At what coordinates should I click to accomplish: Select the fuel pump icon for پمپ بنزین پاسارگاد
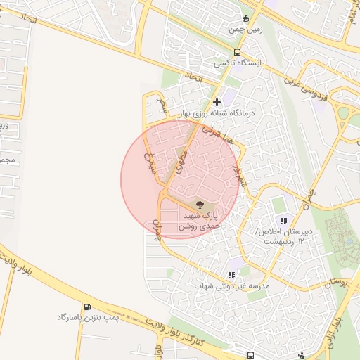(86, 307)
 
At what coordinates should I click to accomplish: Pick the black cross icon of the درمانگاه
(217, 103)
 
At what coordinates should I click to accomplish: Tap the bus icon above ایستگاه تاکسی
(238, 52)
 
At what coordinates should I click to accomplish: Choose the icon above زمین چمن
(245, 19)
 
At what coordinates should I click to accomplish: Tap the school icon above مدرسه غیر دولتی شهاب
(231, 275)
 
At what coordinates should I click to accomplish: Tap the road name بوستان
(338, 283)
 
